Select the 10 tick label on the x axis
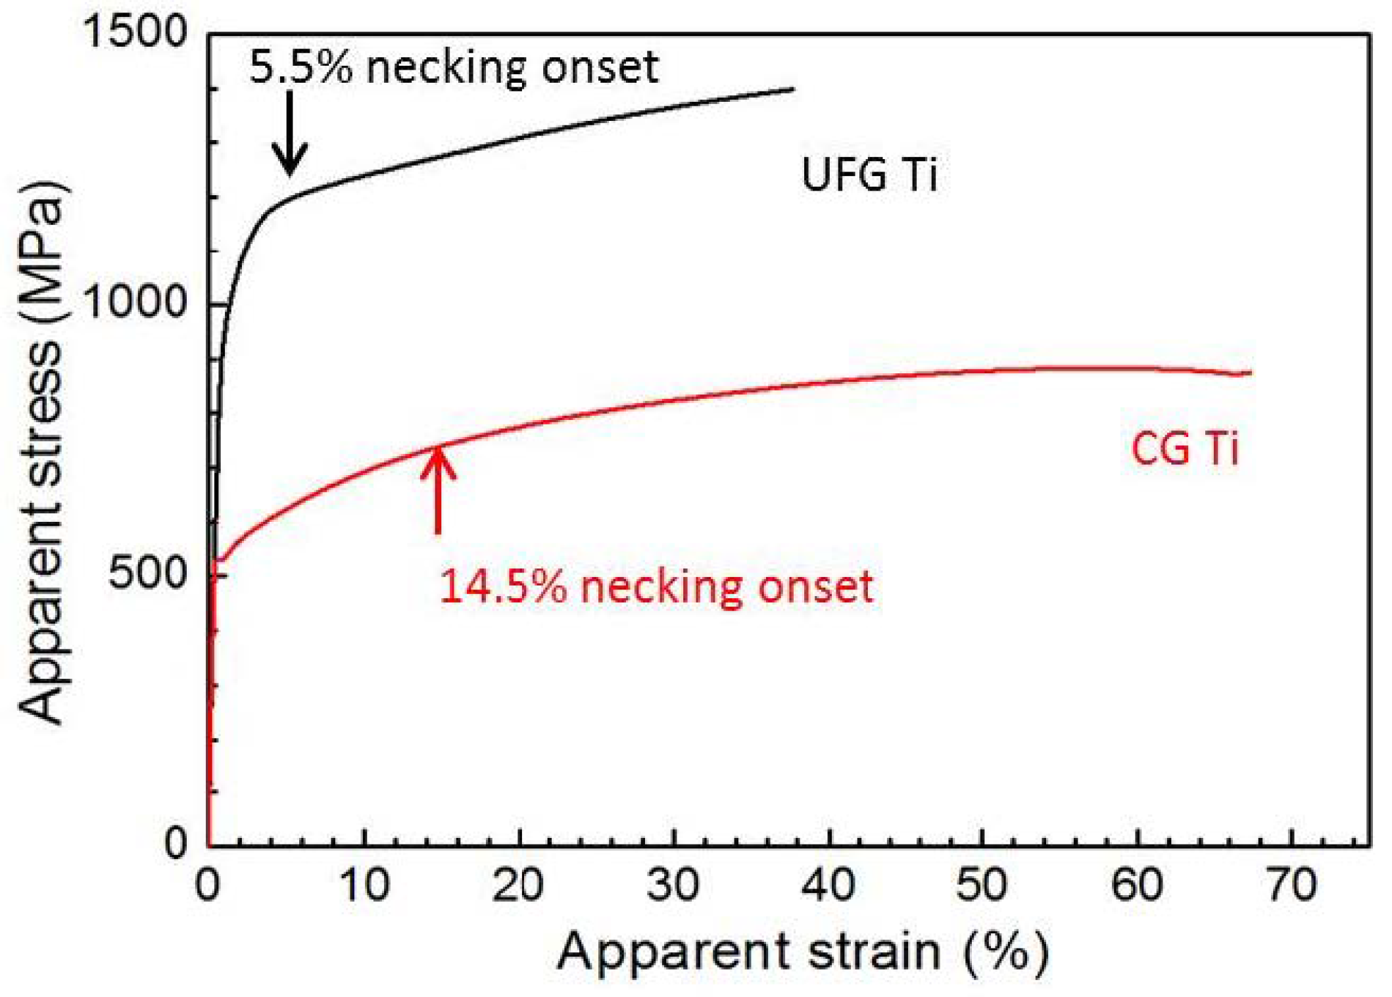(364, 885)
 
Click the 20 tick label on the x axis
(518, 885)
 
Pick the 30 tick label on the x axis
(673, 885)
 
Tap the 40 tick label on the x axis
(828, 885)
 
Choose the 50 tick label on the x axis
(981, 885)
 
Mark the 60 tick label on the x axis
(1137, 885)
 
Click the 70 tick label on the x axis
(1291, 885)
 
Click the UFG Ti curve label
(869, 175)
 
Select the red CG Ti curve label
(1184, 450)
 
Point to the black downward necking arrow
(289, 135)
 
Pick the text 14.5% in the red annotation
(502, 586)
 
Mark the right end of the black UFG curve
(793, 89)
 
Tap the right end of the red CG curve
(1249, 373)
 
